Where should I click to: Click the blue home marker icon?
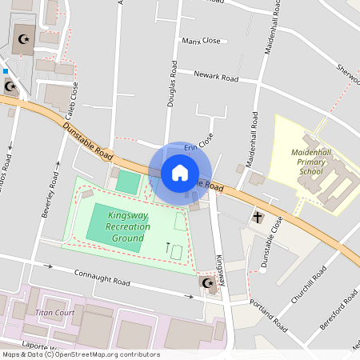coord(180,173)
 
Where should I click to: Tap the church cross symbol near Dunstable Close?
coord(258,217)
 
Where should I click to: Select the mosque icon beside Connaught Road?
coord(208,283)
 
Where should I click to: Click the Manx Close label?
coord(201,40)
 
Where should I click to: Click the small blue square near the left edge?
coord(6,70)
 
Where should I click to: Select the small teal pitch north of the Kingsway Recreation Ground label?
coord(127,182)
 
